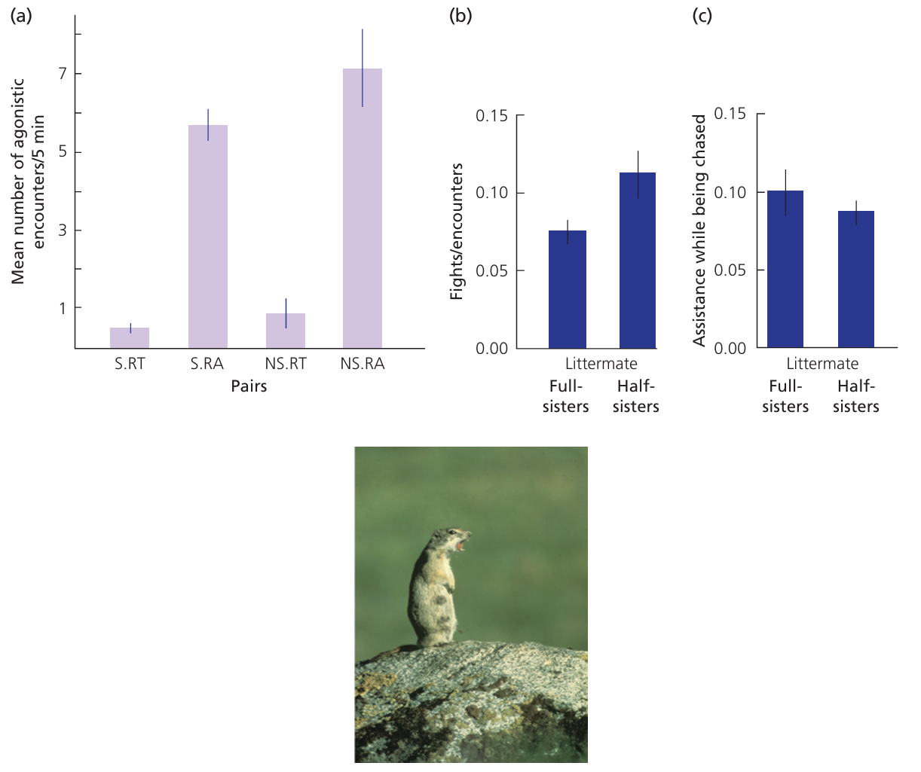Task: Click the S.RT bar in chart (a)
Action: (x=130, y=338)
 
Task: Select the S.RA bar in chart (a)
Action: (x=208, y=236)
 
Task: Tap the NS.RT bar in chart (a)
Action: (x=286, y=331)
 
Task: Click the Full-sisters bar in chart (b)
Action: (x=568, y=289)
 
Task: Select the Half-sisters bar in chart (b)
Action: (x=638, y=261)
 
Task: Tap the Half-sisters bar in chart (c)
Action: (x=856, y=279)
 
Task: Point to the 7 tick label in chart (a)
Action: (x=63, y=74)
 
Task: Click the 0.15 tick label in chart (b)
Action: (x=491, y=115)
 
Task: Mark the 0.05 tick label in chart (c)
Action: (x=730, y=270)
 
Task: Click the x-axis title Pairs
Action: (x=249, y=387)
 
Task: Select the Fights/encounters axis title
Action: (x=457, y=231)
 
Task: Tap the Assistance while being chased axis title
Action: (x=699, y=230)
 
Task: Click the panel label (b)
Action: (x=460, y=15)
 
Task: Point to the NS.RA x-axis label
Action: (x=363, y=365)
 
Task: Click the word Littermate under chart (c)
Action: (x=822, y=364)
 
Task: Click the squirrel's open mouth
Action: (x=459, y=542)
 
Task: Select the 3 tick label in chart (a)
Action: (x=63, y=230)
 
